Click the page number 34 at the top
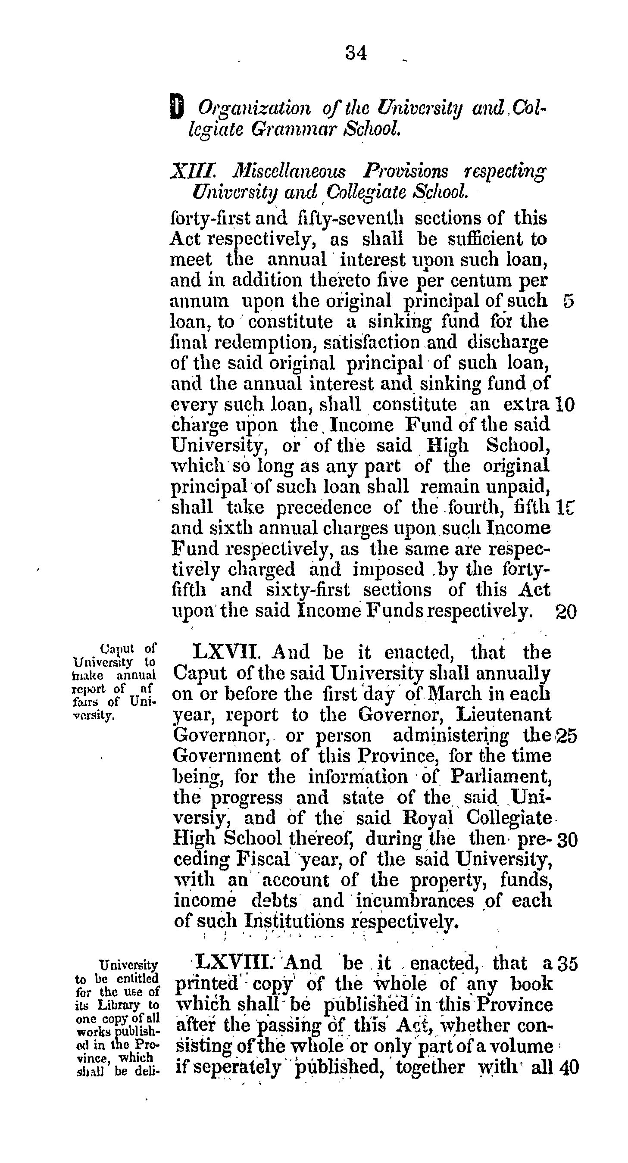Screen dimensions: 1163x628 click(x=356, y=53)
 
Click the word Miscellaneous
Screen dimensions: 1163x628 click(x=289, y=172)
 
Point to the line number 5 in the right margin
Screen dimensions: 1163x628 click(x=569, y=301)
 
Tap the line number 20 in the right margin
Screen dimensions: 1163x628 click(x=565, y=612)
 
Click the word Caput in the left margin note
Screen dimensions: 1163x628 click(x=118, y=649)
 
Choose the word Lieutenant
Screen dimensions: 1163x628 click(x=503, y=715)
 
